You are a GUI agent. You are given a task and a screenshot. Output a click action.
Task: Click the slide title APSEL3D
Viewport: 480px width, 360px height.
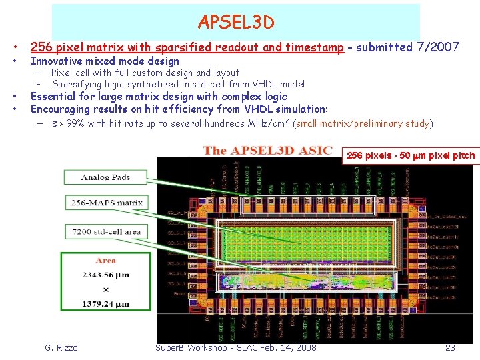tap(235, 23)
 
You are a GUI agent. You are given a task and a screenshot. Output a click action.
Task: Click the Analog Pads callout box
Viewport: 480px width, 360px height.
tap(105, 177)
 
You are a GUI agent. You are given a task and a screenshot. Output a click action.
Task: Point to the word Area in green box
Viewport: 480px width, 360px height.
tap(105, 260)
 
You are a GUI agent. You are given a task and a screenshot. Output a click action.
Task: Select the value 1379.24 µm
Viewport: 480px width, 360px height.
tap(106, 304)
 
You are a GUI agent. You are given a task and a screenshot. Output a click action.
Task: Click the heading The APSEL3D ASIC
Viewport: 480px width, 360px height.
tap(268, 150)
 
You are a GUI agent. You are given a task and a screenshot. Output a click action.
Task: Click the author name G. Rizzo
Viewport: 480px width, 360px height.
tap(61, 347)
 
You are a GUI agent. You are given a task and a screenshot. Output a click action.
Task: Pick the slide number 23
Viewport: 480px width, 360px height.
tap(450, 347)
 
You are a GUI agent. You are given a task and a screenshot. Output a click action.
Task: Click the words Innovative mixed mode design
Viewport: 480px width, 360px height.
tap(105, 61)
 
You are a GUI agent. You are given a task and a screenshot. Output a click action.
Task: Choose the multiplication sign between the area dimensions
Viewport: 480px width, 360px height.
tap(105, 289)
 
